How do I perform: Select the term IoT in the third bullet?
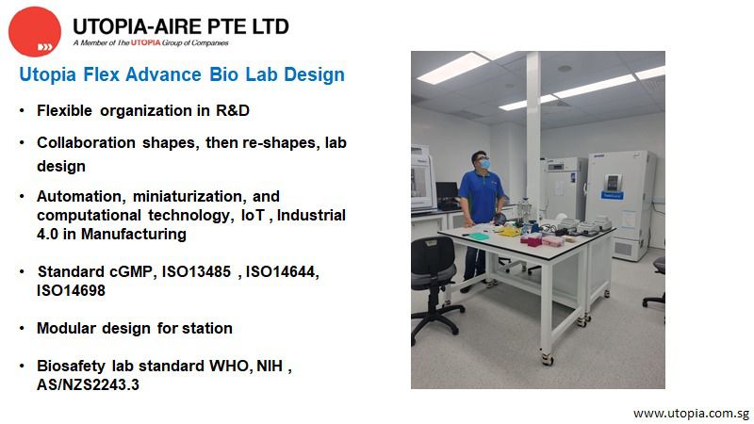[x=270, y=216]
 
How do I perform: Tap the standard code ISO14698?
[x=71, y=291]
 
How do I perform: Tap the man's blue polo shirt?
[x=480, y=193]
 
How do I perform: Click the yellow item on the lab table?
[x=510, y=230]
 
